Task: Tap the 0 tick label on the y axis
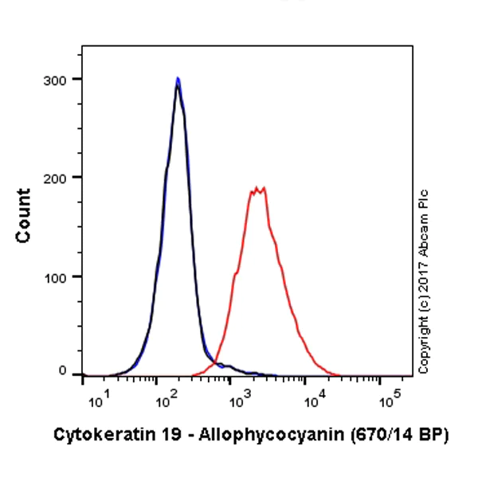(x=63, y=371)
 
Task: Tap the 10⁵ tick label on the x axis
(x=388, y=402)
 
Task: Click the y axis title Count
(x=23, y=215)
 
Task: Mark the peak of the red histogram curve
(x=257, y=189)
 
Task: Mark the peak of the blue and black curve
(x=178, y=79)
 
